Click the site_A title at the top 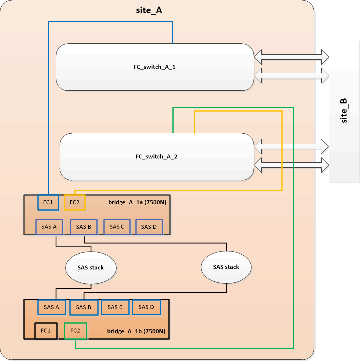[149, 10]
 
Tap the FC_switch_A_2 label [157, 156]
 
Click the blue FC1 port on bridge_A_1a [48, 202]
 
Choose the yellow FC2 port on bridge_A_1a [75, 202]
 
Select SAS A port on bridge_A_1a [49, 227]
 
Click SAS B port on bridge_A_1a [83, 227]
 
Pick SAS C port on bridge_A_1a [117, 227]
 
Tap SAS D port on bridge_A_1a [149, 227]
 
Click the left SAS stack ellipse [90, 267]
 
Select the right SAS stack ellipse [226, 267]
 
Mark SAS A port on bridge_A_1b [51, 307]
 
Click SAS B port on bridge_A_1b [83, 307]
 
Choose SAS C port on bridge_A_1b [115, 307]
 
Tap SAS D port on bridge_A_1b [147, 307]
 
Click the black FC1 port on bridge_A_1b [46, 330]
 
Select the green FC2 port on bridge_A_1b [75, 330]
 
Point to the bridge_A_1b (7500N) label [136, 331]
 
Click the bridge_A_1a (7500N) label [136, 203]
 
